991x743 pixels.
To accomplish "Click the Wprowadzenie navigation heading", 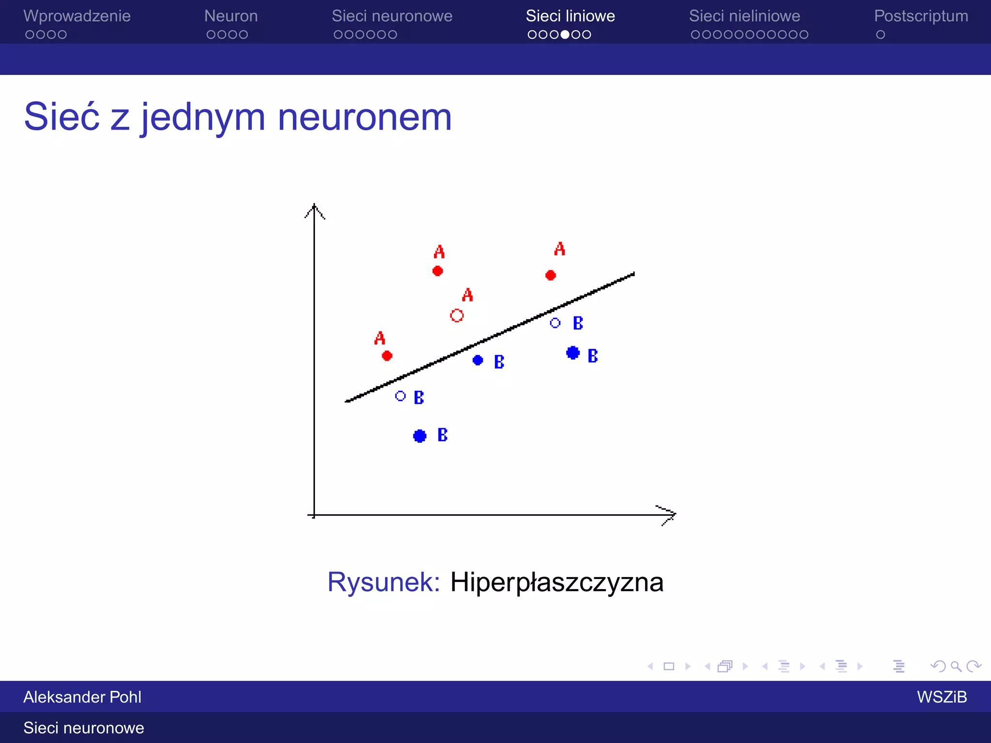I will (76, 16).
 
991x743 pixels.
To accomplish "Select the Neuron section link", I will (231, 16).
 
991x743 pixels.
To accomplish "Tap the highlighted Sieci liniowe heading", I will (570, 16).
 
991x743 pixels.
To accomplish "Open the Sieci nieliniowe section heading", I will (744, 16).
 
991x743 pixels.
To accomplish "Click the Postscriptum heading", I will (921, 16).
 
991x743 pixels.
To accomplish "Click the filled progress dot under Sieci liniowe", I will (565, 35).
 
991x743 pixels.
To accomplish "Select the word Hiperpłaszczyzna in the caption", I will (556, 581).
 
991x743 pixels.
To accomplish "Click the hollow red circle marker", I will (457, 315).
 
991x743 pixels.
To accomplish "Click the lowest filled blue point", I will (420, 436).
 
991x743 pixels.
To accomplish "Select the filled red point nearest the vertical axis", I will (387, 356).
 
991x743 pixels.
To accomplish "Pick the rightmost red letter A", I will (560, 249).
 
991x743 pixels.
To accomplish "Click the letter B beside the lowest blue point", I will (442, 435).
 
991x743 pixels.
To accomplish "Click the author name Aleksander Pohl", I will (82, 697).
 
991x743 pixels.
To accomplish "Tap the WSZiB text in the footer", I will (942, 697).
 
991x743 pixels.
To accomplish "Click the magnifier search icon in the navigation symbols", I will (956, 667).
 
